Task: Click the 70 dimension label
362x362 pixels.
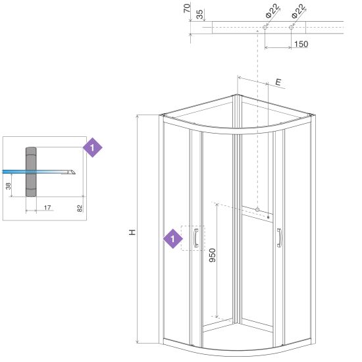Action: pos(187,9)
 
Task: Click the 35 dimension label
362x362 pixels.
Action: pos(200,14)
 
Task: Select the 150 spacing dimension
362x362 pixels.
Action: pos(301,44)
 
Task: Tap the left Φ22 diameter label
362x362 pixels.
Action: pos(272,11)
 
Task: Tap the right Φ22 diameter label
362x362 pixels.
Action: pos(299,11)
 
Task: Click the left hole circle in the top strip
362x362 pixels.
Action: pos(265,27)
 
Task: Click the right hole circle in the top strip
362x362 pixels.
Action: pos(291,27)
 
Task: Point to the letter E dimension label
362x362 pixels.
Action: pos(278,82)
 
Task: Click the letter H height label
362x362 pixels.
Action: pos(132,232)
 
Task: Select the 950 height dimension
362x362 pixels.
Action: pos(212,255)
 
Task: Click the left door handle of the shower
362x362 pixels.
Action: pos(195,238)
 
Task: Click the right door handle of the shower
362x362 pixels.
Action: pos(279,238)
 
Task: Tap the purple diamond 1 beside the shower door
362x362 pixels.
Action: pos(173,238)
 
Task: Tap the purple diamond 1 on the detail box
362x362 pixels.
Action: pos(93,147)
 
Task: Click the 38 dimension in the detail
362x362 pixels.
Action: pos(9,186)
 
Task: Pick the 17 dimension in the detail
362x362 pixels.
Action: pos(47,207)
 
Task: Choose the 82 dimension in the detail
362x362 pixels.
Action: pos(80,208)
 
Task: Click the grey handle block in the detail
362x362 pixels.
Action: pos(31,172)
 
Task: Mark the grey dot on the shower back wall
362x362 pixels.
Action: pos(257,209)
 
